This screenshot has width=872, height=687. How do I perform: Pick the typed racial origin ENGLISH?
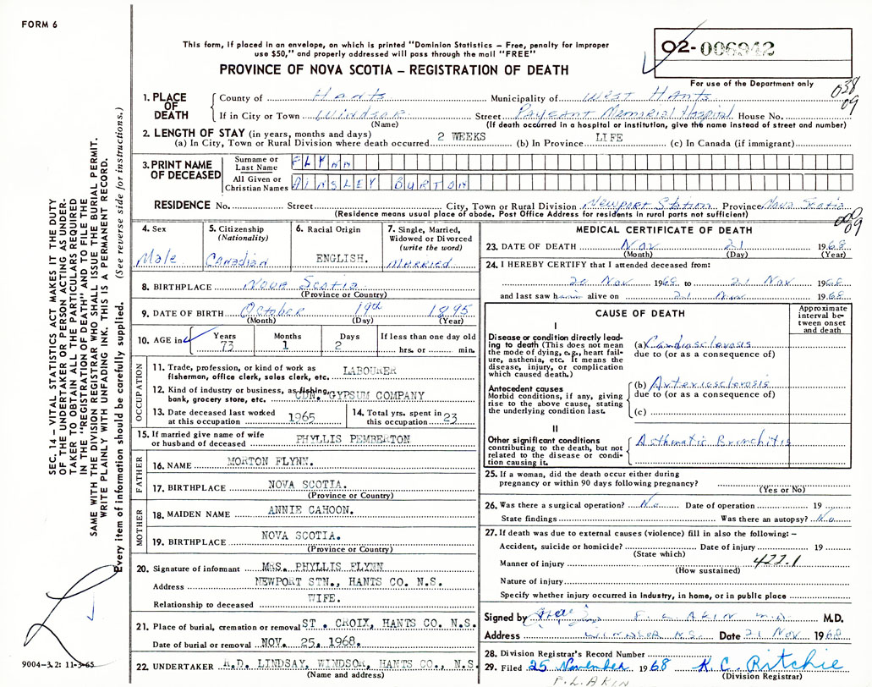339,256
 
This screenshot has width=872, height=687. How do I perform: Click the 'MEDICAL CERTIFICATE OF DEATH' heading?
664,230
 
